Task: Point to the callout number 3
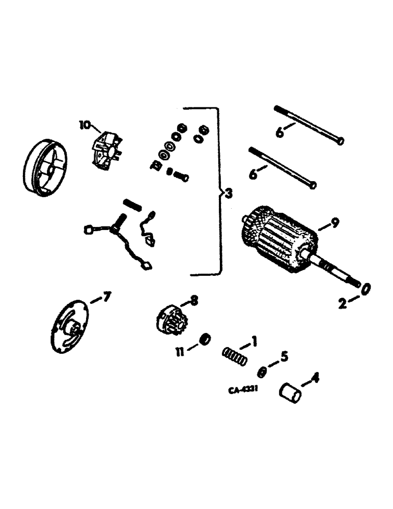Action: click(229, 193)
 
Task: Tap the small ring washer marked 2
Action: click(366, 289)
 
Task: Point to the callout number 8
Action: click(194, 300)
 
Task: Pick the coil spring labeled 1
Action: click(235, 356)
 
